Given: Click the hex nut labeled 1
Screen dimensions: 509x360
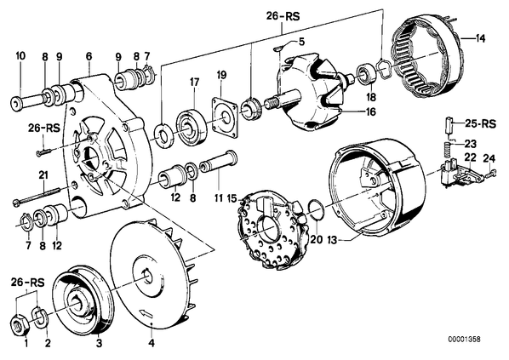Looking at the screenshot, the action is pyautogui.click(x=20, y=323).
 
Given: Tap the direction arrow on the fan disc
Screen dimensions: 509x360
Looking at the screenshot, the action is pyautogui.click(x=146, y=314).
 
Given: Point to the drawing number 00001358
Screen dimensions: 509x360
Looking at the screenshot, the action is pyautogui.click(x=464, y=340).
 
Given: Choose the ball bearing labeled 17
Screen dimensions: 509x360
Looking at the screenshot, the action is pyautogui.click(x=192, y=127).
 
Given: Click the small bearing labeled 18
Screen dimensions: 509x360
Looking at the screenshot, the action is pyautogui.click(x=366, y=76).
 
